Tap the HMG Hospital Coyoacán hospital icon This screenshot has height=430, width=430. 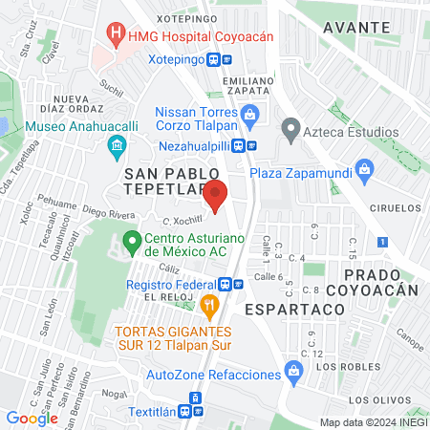117,34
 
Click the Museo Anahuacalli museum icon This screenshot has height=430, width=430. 117,145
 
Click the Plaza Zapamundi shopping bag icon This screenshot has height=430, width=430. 363,173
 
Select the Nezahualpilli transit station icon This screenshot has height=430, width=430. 251,145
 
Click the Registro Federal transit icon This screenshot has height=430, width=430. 225,284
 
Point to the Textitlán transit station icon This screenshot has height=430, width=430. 195,399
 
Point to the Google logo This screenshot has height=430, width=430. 32,418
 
